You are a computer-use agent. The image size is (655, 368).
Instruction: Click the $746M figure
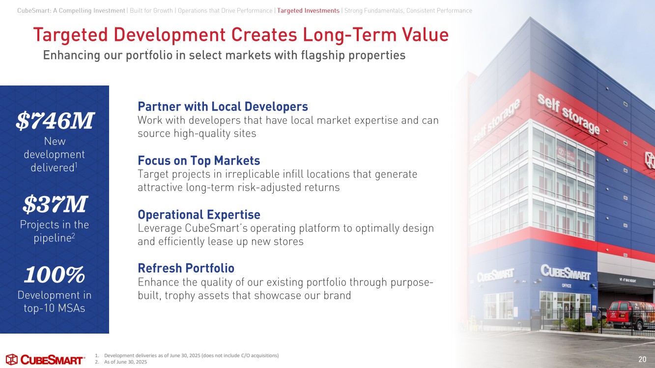click(55, 120)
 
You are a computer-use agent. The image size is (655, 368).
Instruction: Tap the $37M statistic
click(55, 204)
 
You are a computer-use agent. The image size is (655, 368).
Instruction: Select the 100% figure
click(55, 275)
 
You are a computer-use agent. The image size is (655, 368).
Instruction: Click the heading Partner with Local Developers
click(223, 107)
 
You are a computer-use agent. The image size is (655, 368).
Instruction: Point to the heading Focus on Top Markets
click(199, 161)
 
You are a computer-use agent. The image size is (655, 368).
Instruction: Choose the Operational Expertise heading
click(199, 215)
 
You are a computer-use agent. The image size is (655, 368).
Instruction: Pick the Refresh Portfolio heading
click(186, 268)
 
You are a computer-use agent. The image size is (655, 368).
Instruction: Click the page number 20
click(642, 359)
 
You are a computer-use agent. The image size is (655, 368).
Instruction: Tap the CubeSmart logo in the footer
click(45, 359)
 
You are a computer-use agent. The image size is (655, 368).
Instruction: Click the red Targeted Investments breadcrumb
click(308, 11)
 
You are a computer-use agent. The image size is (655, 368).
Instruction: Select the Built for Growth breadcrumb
click(151, 11)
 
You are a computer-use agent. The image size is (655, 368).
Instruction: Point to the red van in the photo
click(631, 315)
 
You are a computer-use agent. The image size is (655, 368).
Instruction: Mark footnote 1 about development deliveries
click(187, 355)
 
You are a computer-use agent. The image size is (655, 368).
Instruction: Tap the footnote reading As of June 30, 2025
click(121, 362)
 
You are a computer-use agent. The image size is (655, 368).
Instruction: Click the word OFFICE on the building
click(567, 285)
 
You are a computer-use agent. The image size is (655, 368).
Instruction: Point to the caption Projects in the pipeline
click(55, 231)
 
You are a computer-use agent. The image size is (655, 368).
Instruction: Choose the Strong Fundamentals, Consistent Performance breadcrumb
click(408, 11)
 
